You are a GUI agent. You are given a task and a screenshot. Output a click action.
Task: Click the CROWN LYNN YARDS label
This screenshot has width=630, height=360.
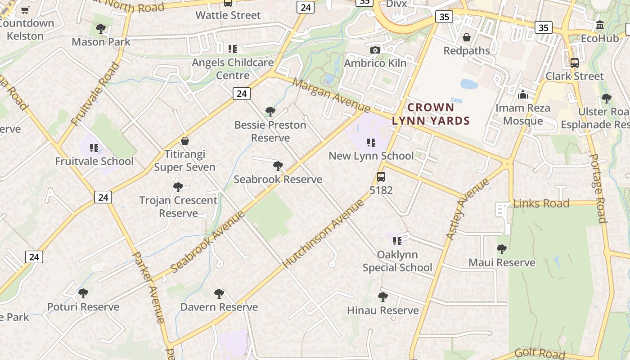pyautogui.click(x=431, y=114)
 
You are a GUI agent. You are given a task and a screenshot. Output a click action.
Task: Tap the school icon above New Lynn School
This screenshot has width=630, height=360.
pyautogui.click(x=371, y=143)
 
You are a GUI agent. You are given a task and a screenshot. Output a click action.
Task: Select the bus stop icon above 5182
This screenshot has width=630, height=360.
pyautogui.click(x=381, y=177)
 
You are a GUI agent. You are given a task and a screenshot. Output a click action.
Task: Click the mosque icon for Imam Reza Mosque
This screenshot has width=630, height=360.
pyautogui.click(x=522, y=95)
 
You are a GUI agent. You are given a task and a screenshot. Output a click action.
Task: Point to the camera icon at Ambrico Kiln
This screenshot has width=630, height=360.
pyautogui.click(x=375, y=50)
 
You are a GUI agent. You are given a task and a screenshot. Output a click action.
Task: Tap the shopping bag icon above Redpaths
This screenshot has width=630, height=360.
pyautogui.click(x=467, y=37)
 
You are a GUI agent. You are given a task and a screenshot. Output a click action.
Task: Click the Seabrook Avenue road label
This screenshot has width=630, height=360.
pyautogui.click(x=208, y=241)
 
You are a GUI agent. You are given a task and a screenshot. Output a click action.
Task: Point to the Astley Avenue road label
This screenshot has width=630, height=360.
pyautogui.click(x=467, y=209)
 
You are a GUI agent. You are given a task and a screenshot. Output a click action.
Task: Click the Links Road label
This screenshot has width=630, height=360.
pyautogui.click(x=541, y=203)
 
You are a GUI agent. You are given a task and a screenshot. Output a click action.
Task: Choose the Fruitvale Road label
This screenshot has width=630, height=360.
pyautogui.click(x=96, y=94)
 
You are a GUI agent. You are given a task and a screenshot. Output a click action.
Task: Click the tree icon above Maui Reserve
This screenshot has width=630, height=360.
pyautogui.click(x=501, y=249)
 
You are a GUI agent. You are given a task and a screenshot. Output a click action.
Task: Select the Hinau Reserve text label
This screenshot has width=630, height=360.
pyautogui.click(x=382, y=310)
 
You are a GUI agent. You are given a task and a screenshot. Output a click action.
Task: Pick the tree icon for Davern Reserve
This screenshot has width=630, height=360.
pyautogui.click(x=219, y=294)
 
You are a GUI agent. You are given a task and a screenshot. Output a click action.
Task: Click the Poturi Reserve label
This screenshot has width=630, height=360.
pyautogui.click(x=83, y=307)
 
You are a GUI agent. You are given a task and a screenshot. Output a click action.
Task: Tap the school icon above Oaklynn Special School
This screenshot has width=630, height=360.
pyautogui.click(x=397, y=241)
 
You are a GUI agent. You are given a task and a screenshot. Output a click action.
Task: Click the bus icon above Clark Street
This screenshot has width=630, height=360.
pyautogui.click(x=574, y=63)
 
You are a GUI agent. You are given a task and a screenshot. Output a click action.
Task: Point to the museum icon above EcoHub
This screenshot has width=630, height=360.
pyautogui.click(x=599, y=25)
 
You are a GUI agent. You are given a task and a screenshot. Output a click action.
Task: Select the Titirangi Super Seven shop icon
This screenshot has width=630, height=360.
pyautogui.click(x=184, y=141)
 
